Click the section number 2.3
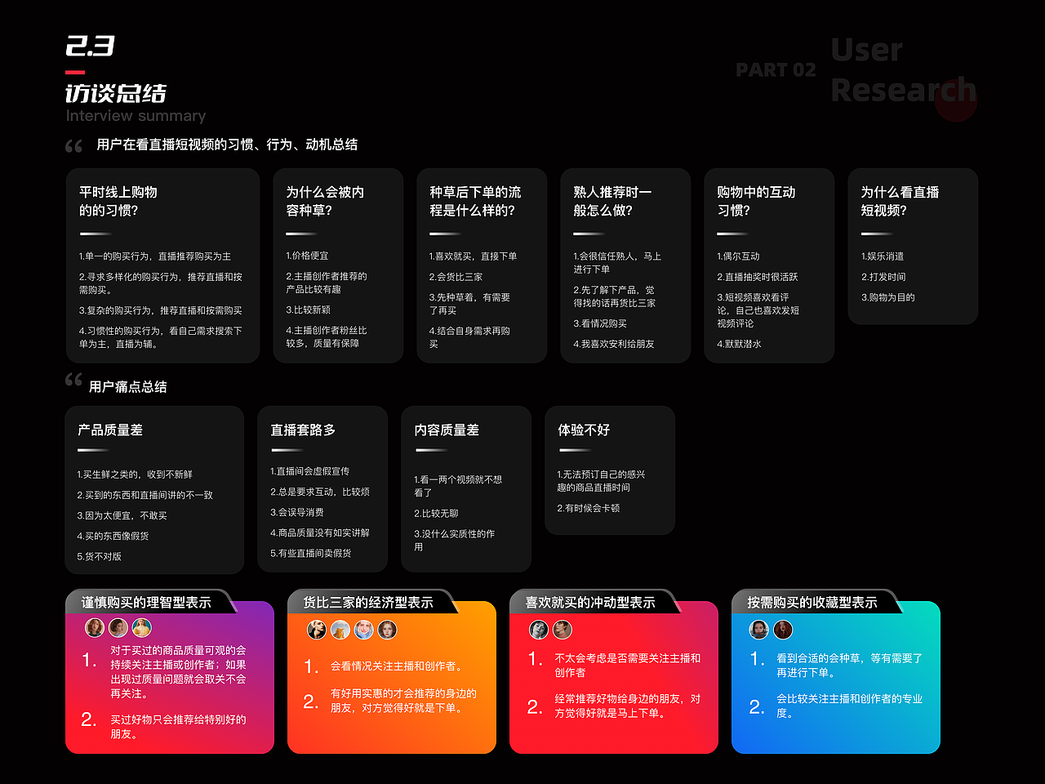point(90,47)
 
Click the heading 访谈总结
point(116,93)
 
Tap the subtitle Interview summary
point(136,116)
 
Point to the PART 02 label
point(776,70)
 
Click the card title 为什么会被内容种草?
point(325,201)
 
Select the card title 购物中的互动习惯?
point(756,201)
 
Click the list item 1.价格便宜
point(307,256)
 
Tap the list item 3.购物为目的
point(887,297)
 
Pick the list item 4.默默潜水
point(739,344)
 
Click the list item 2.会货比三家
point(456,277)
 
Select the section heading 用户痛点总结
point(127,387)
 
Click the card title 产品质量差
point(110,430)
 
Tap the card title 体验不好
point(584,430)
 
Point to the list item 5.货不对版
point(100,556)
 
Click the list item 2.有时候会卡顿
point(588,508)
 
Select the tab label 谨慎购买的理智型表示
point(146,603)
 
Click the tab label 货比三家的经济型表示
point(368,603)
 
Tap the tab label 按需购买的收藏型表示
point(812,603)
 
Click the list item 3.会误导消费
point(297,512)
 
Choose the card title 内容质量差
point(447,430)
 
